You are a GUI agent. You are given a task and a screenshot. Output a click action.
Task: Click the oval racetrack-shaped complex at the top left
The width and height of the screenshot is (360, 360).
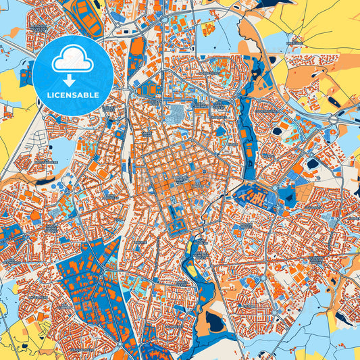84,16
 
